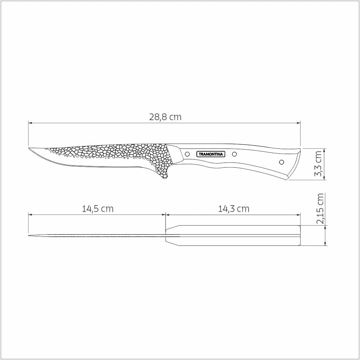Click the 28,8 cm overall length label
click(x=165, y=117)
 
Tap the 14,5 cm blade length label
click(x=98, y=209)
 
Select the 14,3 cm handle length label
click(x=234, y=209)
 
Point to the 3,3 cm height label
click(x=318, y=164)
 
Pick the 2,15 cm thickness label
click(x=320, y=209)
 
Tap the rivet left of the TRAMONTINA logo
click(x=187, y=154)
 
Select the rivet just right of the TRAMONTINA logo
click(x=235, y=154)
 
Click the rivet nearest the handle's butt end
click(x=281, y=162)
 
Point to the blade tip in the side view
click(x=29, y=148)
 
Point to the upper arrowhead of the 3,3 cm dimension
click(x=326, y=150)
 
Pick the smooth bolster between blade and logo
click(x=175, y=154)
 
